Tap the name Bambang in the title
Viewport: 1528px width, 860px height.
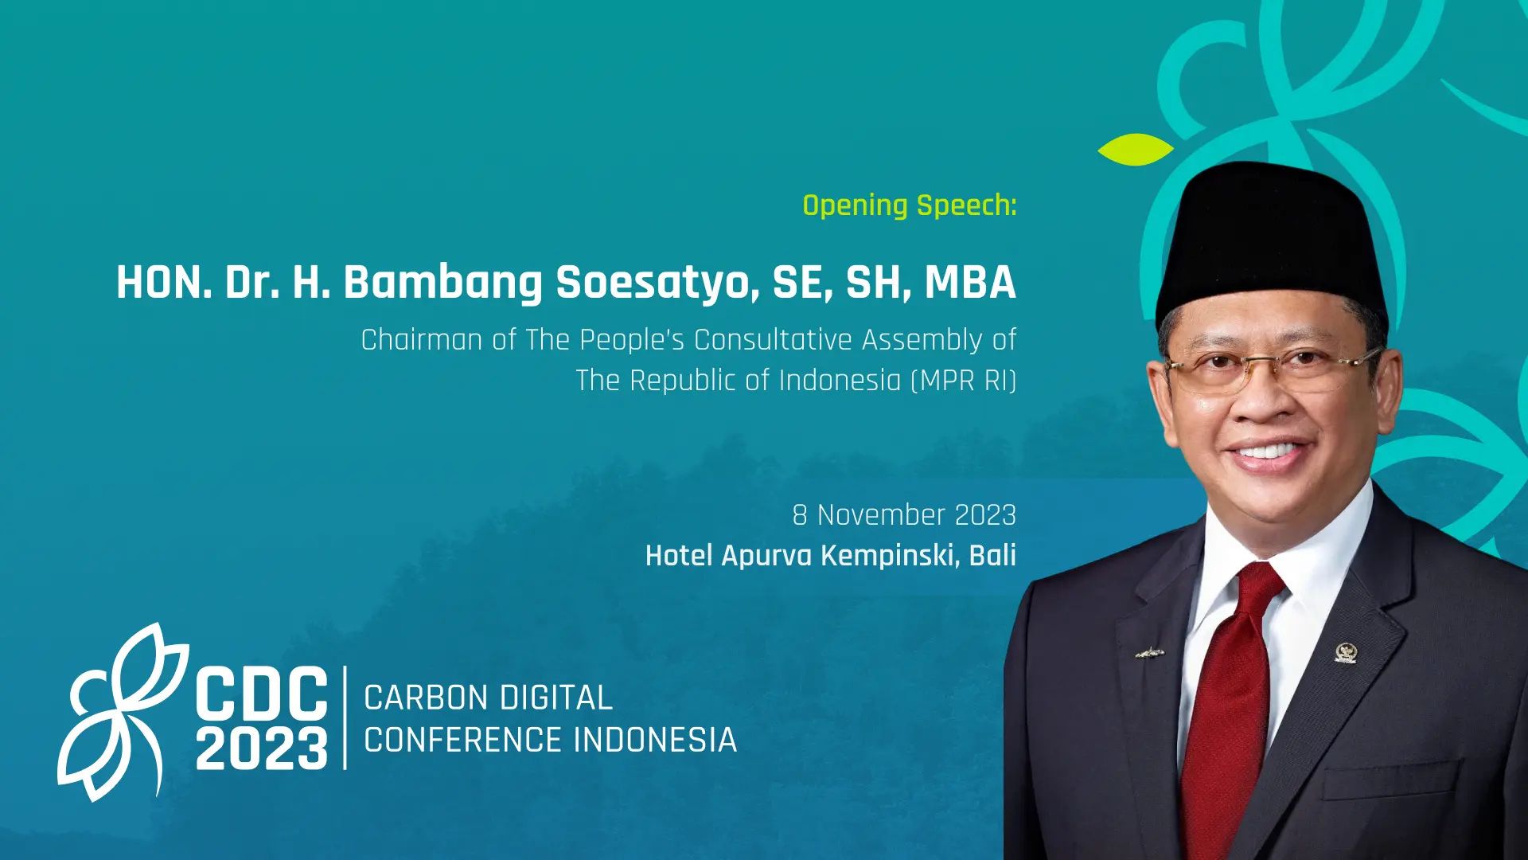[442, 283]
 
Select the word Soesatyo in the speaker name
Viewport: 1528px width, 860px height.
[657, 283]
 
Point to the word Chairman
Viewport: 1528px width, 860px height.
[422, 340]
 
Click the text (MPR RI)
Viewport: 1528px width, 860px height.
[964, 381]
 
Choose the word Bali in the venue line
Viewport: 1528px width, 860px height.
[992, 555]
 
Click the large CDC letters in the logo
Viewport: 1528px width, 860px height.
[262, 694]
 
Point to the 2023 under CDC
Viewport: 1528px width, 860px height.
[262, 748]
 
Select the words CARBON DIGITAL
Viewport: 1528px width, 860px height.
[488, 698]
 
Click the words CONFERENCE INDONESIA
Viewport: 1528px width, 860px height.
[550, 741]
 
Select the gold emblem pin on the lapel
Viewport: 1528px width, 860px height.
[1345, 653]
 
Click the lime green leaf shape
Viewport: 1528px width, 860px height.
[1136, 150]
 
